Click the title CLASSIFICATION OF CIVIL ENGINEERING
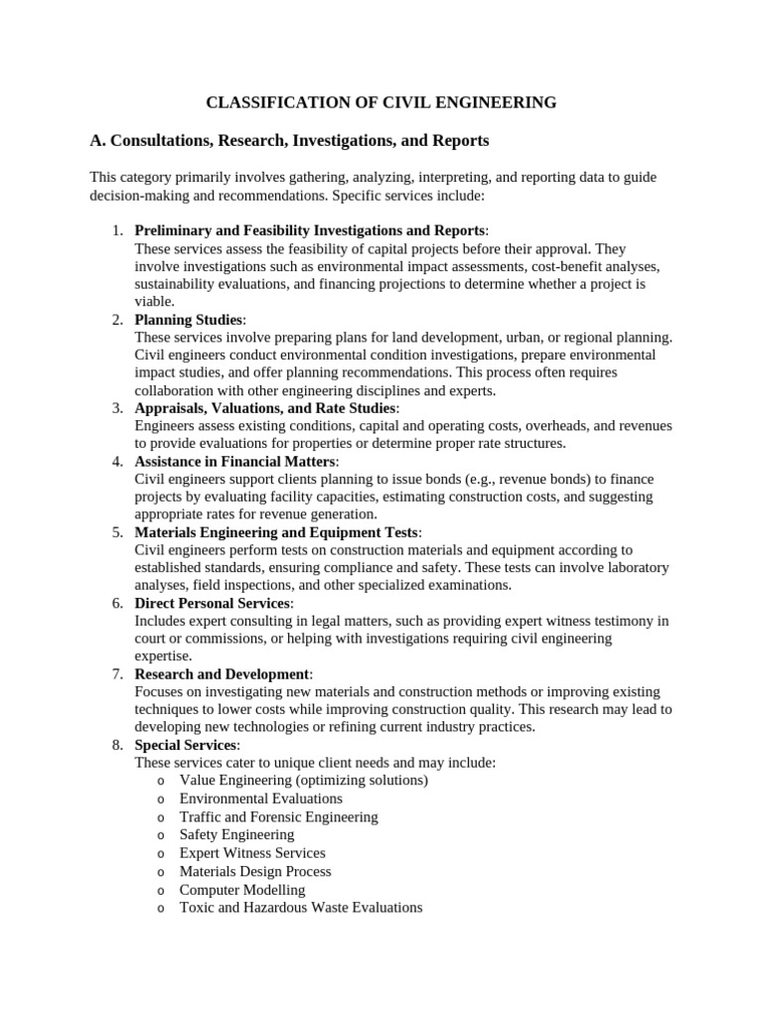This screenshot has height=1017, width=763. (381, 102)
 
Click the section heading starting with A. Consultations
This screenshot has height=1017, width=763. (289, 141)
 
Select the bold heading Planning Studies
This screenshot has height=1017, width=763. (188, 320)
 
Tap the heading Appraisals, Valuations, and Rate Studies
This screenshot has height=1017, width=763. (265, 408)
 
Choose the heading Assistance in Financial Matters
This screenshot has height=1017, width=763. (235, 462)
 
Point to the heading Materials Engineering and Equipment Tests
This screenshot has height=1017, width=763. (277, 532)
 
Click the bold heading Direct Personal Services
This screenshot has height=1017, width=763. (213, 604)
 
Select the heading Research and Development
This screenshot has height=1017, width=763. (222, 674)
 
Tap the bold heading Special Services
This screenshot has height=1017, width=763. (186, 745)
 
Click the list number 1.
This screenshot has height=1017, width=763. (117, 230)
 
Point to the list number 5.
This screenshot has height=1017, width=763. (117, 532)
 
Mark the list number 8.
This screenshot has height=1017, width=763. (117, 745)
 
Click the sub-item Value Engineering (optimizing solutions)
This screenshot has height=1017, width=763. (303, 781)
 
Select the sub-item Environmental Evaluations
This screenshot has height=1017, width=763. (260, 799)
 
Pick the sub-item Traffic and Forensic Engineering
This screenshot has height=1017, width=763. (278, 816)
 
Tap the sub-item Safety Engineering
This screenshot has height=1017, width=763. (236, 834)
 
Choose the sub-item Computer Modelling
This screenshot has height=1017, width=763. (241, 890)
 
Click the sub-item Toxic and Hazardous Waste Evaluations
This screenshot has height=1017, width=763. (300, 908)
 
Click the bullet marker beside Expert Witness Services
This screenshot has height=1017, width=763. (160, 853)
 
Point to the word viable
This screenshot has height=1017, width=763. (153, 302)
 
